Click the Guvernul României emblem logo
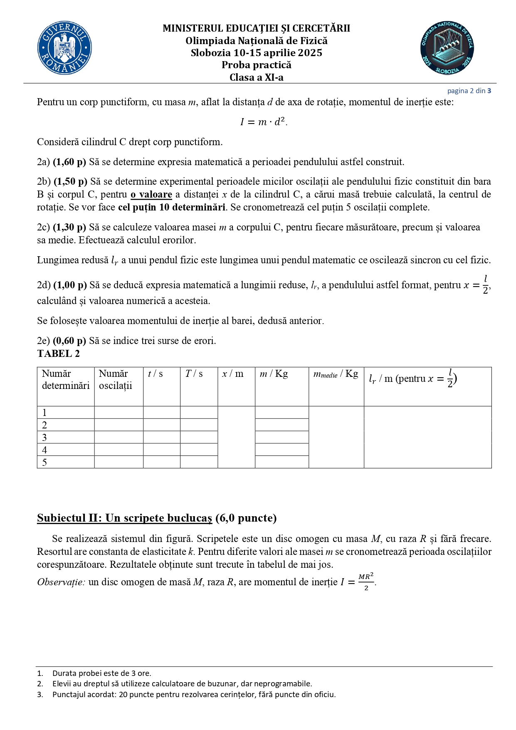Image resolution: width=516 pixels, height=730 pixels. (x=64, y=48)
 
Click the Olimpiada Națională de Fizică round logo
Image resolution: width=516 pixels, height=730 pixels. (x=447, y=48)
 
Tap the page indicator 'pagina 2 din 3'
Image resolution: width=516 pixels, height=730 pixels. (x=469, y=91)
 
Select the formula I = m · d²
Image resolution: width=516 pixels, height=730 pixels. (x=264, y=122)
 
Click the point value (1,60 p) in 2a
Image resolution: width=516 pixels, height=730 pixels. (x=69, y=162)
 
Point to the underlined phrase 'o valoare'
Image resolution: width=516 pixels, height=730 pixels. (x=151, y=194)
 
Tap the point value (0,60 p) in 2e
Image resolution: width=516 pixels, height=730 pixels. (x=69, y=341)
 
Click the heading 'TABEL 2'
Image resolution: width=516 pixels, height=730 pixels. (x=58, y=354)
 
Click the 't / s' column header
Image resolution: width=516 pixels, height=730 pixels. (x=155, y=374)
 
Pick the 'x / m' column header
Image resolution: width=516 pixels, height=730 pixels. (x=232, y=374)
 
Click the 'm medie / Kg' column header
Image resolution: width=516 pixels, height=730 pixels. (x=336, y=374)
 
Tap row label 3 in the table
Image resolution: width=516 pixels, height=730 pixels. (x=44, y=438)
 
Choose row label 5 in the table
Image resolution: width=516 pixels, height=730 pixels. (x=44, y=462)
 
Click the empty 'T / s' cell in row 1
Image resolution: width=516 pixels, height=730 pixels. (x=199, y=413)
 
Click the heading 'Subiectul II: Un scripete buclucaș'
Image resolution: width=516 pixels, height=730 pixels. (x=124, y=518)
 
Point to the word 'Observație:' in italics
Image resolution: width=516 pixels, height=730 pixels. (x=61, y=582)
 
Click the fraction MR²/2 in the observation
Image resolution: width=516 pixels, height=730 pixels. (x=366, y=582)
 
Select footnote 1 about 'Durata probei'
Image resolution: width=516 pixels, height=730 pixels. (x=101, y=673)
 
